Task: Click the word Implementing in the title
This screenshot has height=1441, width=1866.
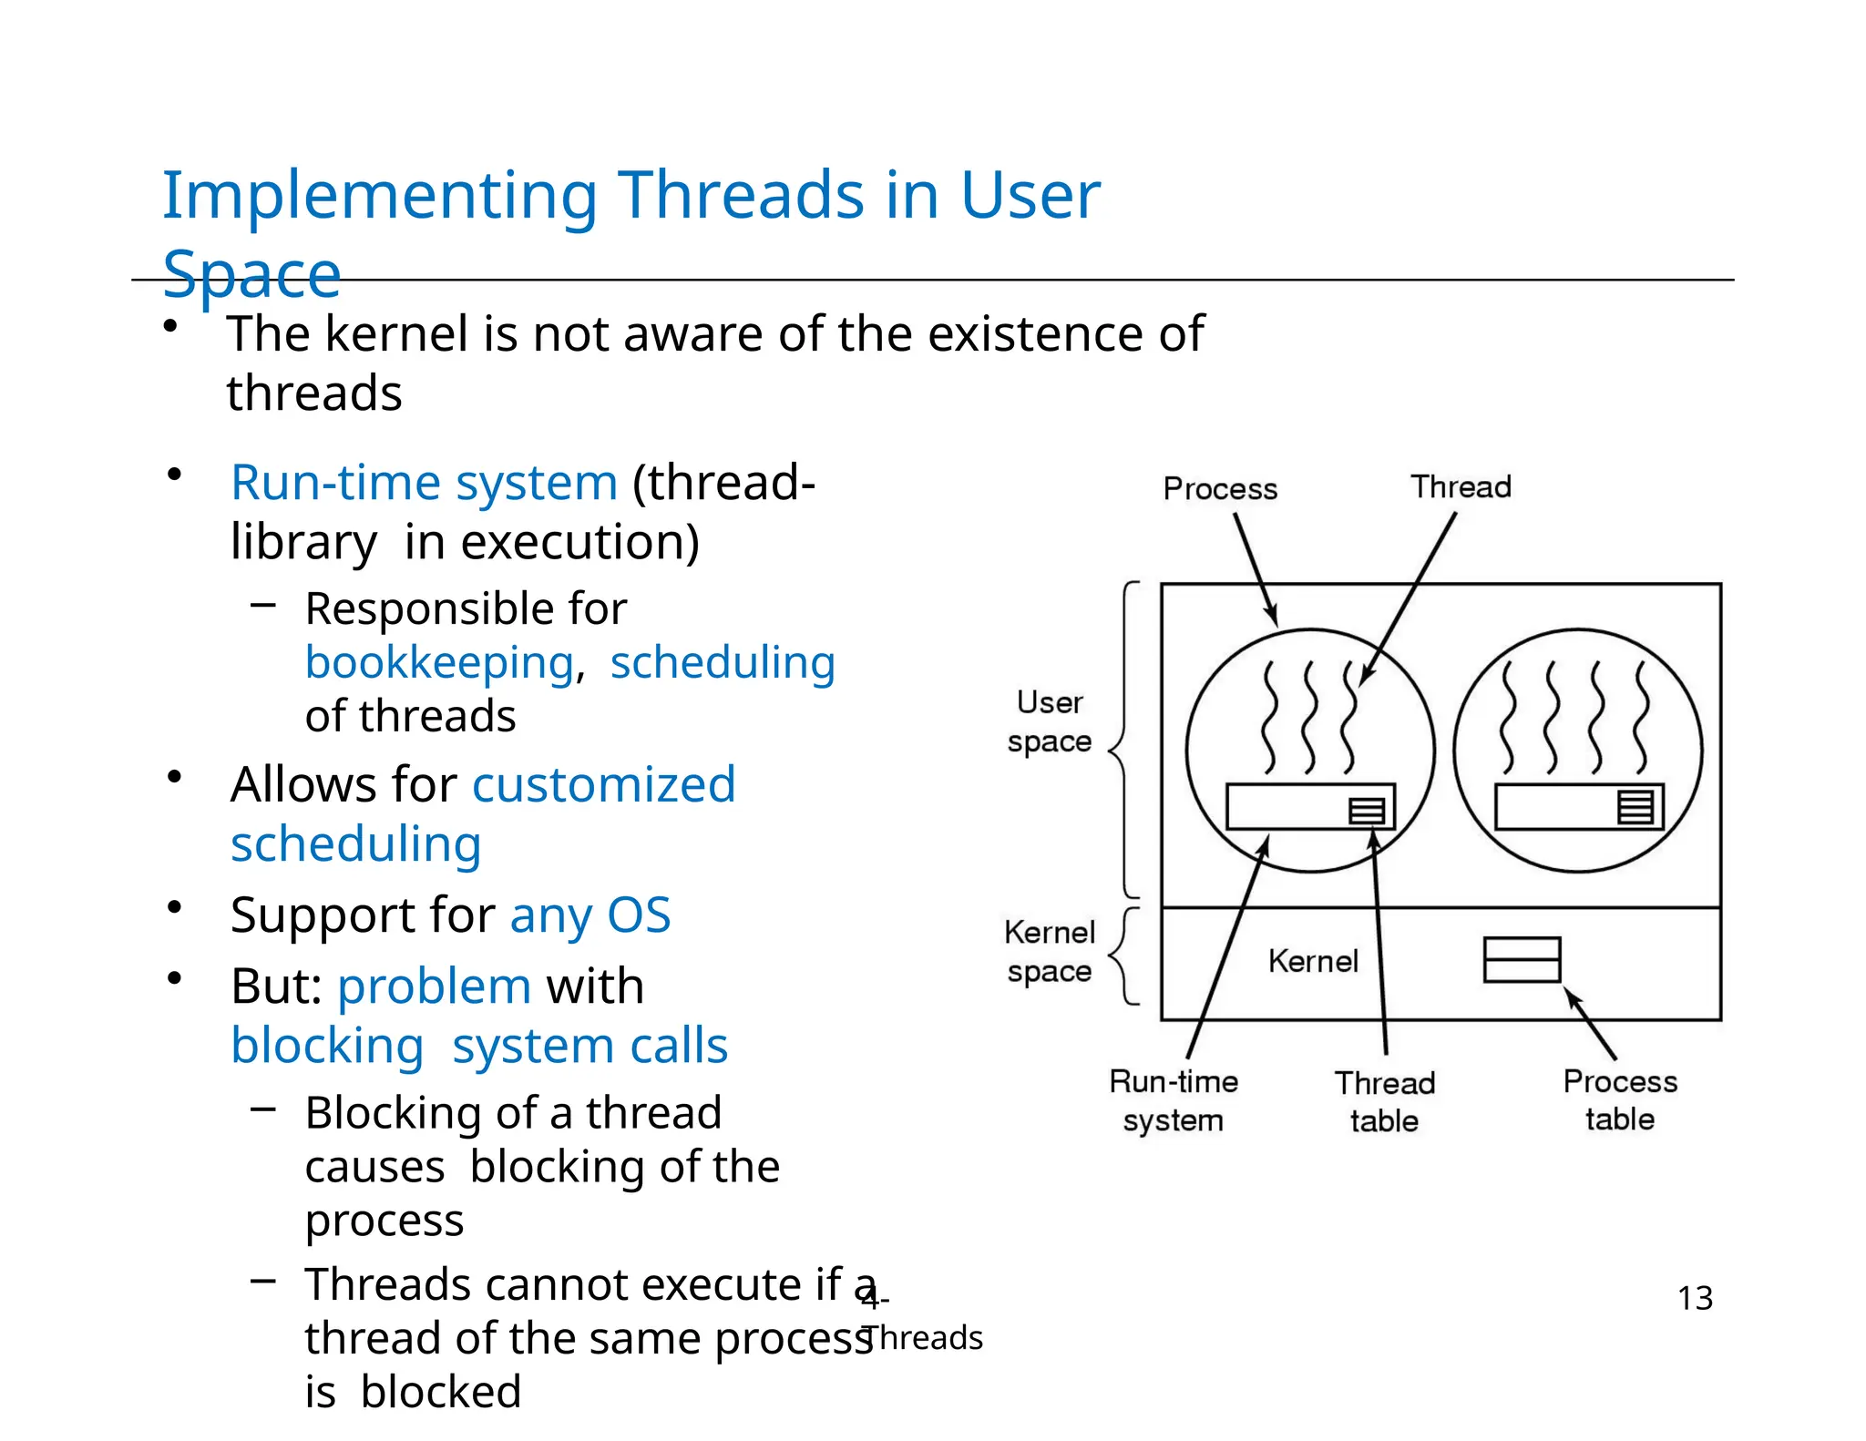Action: coord(379,196)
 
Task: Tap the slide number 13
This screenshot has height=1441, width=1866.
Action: coord(1694,1298)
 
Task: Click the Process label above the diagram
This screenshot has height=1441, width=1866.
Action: coord(1219,489)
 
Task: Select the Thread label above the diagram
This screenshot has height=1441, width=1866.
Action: coord(1461,487)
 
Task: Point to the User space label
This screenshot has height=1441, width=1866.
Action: coord(1049,721)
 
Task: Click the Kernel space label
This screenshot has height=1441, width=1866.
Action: coord(1049,952)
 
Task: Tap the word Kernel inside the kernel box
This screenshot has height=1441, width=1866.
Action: coord(1312,962)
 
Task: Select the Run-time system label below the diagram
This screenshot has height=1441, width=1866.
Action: coord(1173,1100)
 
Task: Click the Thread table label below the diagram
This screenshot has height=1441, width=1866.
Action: coord(1384,1101)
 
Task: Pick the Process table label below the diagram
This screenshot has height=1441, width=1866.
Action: coord(1619,1099)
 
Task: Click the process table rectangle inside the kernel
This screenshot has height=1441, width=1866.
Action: coord(1521,960)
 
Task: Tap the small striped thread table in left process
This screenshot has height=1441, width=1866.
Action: coord(1366,811)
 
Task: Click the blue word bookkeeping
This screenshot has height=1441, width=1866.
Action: coord(439,663)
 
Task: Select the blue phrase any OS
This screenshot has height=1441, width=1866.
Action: coord(590,915)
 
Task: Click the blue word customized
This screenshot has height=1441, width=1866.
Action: coord(603,785)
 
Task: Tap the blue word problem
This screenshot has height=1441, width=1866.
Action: coord(434,986)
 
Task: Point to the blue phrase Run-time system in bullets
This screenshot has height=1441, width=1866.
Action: coord(424,483)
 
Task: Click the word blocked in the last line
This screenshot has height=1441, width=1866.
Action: coord(440,1392)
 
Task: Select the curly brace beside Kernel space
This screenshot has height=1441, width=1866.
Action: coord(1124,956)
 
